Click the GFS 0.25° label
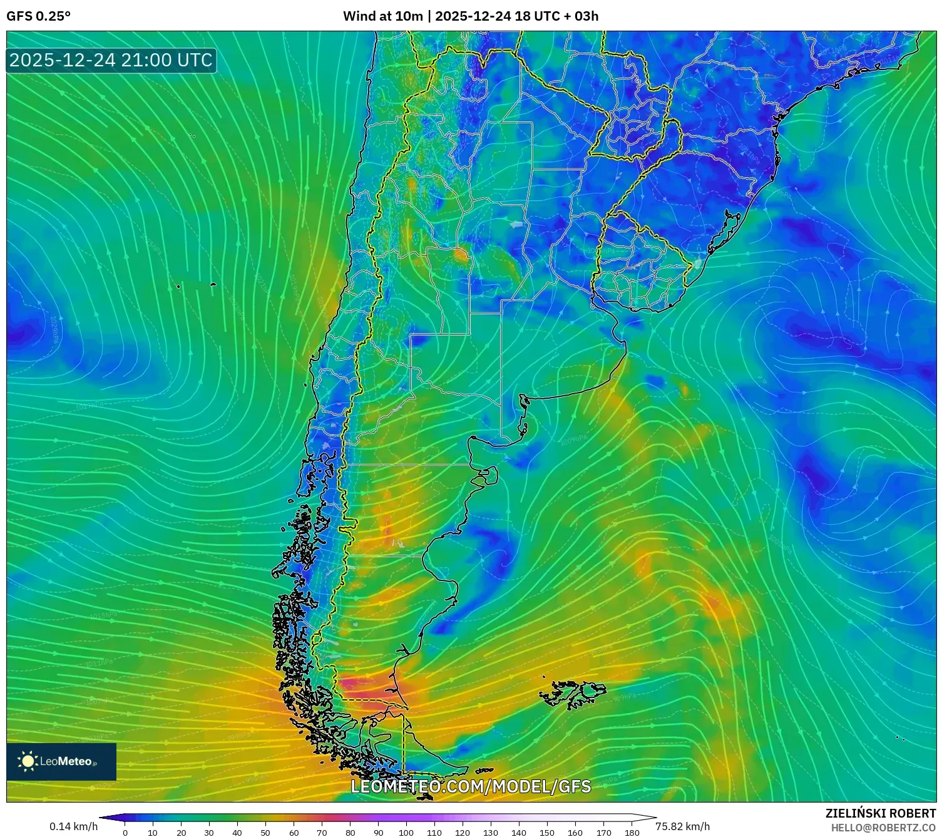click(x=38, y=16)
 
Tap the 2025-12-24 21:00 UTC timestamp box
click(x=111, y=60)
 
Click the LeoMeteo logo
click(x=61, y=761)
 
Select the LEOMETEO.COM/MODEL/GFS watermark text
click(x=470, y=786)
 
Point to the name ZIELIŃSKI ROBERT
click(x=880, y=813)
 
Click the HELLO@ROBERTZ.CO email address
click(x=883, y=828)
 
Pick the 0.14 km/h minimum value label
click(x=73, y=826)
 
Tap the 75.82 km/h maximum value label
click(x=682, y=826)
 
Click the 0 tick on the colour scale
click(x=125, y=833)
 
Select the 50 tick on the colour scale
click(x=265, y=833)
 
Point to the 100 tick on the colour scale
click(x=406, y=833)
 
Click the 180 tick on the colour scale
click(x=632, y=833)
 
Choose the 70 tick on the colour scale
click(x=322, y=833)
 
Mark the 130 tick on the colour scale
click(x=491, y=833)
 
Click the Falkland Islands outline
click(x=573, y=693)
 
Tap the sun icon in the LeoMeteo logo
click(x=28, y=761)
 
